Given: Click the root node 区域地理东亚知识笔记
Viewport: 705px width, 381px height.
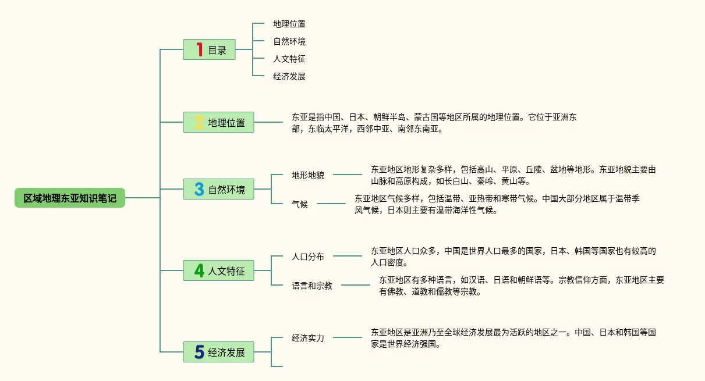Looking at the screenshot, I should point(70,198).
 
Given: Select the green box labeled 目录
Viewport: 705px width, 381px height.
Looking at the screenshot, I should point(210,50).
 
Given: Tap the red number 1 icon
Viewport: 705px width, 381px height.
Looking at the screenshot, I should point(199,50).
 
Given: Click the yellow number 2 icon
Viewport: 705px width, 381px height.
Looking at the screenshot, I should point(199,123).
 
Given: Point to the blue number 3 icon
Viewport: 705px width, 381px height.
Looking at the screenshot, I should point(199,189).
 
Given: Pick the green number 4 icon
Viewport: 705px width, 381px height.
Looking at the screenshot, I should point(199,270).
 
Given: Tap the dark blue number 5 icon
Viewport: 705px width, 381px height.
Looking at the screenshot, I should point(199,352).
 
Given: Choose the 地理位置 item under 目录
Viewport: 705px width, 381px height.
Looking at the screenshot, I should point(289,24).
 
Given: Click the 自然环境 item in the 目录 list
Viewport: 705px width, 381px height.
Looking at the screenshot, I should point(289,41).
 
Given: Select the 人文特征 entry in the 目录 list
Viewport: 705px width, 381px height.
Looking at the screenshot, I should point(289,59).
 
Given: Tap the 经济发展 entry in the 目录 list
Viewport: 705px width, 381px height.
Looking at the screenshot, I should point(289,76).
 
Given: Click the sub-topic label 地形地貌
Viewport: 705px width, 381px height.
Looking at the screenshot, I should point(308,175).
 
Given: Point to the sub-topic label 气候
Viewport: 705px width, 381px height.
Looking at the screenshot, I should point(300,204).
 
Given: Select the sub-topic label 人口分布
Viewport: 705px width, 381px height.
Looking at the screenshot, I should point(308,256).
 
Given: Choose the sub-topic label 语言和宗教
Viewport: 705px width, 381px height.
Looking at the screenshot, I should point(312,286).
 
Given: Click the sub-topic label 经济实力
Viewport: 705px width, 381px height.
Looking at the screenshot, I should point(308,337).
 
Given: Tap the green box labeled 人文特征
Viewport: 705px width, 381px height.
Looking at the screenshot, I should point(219,270).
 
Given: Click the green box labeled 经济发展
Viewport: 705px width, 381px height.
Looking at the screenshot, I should point(219,352).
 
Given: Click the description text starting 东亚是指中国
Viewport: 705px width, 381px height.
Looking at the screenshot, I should point(434,123).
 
